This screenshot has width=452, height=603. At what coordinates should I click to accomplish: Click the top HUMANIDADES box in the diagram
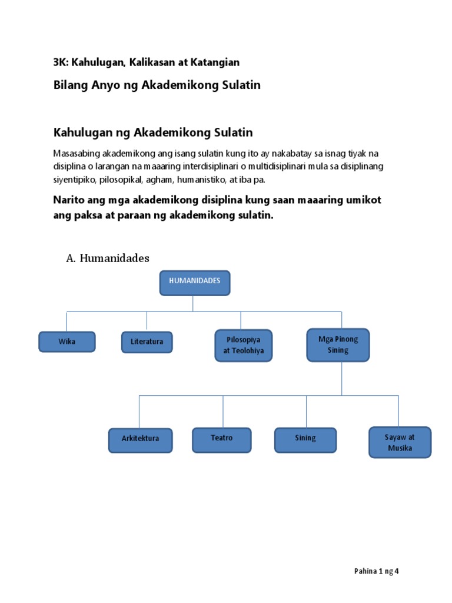coord(194,283)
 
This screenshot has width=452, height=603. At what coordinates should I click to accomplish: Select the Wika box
coord(67,342)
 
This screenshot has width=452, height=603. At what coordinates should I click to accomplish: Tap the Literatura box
coord(147,342)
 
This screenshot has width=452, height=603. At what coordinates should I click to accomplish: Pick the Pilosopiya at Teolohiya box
coord(243,346)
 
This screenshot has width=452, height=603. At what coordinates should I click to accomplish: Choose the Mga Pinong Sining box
coord(338,345)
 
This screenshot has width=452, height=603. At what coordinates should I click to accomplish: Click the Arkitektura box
coord(140,440)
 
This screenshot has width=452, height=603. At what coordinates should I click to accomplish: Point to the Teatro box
coord(221,439)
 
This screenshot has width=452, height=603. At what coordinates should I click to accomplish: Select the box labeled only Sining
coord(305,439)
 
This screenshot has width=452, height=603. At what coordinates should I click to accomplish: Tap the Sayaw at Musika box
coord(400,442)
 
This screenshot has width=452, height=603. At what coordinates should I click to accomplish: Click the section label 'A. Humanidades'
coord(108,258)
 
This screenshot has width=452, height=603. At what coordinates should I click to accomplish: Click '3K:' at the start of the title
coord(61,62)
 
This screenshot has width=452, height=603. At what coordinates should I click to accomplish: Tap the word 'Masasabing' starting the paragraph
coord(75,153)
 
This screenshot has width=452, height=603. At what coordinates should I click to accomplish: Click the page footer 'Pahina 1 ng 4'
coord(377,571)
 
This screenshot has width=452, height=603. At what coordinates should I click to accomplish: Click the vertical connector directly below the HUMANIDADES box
coord(193,303)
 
